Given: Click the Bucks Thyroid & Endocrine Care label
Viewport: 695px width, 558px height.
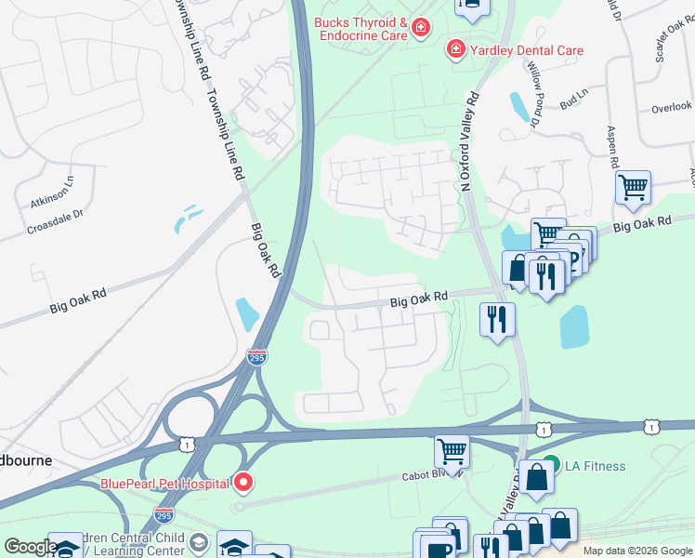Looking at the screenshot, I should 361,29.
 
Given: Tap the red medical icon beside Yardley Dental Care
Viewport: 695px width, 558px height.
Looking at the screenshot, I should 456,48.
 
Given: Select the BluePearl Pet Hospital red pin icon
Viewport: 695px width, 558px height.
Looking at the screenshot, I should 243,483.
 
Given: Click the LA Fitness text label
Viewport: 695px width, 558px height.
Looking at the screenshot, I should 595,466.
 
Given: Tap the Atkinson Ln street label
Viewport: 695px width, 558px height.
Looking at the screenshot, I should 50,192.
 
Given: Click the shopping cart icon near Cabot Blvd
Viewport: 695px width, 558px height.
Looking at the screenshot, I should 452,451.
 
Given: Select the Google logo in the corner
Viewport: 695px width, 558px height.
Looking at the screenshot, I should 31,547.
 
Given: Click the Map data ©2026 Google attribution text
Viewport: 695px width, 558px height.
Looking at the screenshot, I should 637,551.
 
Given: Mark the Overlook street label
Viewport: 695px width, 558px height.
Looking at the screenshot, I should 672,107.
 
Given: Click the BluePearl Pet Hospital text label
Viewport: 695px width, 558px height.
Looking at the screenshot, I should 165,483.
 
